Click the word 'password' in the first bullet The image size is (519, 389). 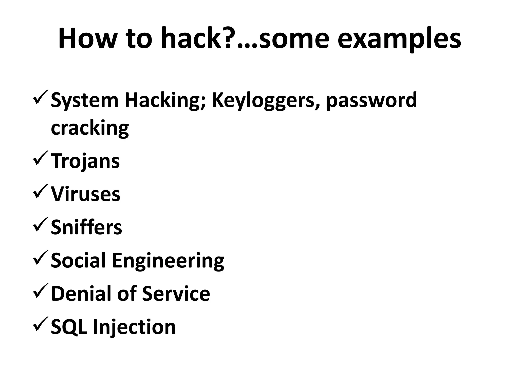coord(372,101)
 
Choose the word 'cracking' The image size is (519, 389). coord(90,128)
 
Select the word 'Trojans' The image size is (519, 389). coord(85,161)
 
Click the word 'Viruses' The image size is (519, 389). coord(85,194)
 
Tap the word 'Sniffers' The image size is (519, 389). coord(86,227)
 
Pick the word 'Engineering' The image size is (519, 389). coord(168,261)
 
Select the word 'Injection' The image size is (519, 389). coord(134,327)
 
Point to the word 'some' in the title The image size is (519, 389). coord(294,38)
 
